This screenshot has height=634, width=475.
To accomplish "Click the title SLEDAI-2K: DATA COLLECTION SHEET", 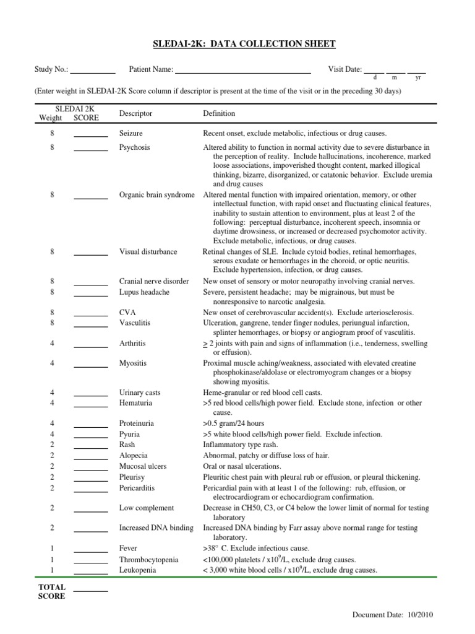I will [244, 44].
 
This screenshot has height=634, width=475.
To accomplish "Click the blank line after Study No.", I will [93, 72].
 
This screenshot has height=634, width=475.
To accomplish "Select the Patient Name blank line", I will [242, 72].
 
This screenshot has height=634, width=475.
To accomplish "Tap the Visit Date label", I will [344, 70].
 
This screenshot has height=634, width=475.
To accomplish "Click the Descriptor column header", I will [135, 114].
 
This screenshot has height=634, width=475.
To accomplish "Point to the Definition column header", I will [219, 114].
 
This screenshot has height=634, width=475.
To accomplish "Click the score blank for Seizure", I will [90, 135].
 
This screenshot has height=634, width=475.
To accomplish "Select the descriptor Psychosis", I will [134, 148].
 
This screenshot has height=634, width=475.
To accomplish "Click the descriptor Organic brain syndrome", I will [156, 195].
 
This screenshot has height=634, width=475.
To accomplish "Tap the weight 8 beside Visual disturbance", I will [53, 252].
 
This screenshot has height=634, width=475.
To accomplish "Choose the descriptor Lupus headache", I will [144, 292].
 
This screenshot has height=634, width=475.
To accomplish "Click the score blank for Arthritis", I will [90, 345].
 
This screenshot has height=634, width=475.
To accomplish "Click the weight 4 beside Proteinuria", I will [53, 423].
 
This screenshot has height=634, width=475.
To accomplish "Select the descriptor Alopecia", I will [134, 456].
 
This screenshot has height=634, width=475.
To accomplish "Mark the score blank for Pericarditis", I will [90, 490].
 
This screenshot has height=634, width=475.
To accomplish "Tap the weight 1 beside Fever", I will [53, 549].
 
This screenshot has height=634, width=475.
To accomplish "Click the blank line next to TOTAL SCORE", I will [90, 590].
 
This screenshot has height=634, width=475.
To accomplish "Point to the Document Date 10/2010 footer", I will [394, 615].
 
